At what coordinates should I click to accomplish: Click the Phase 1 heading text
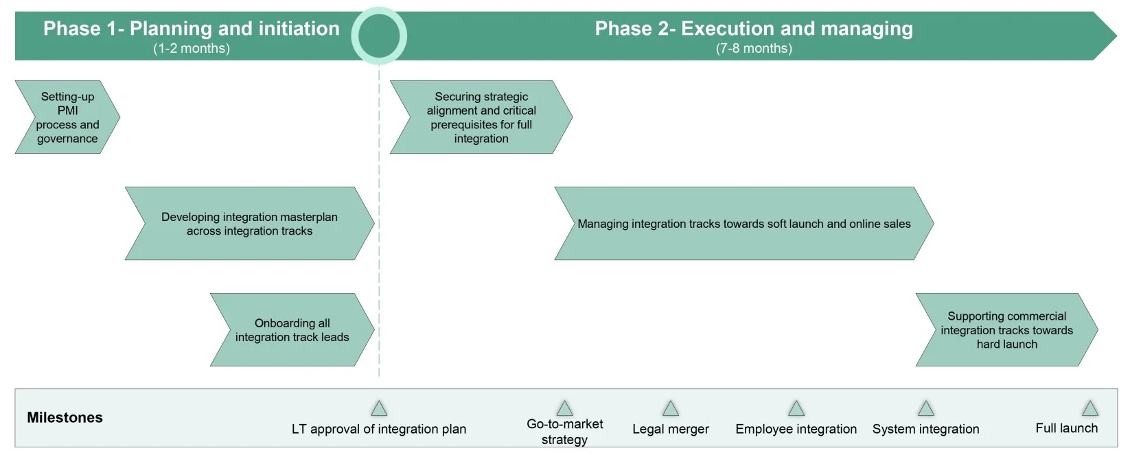[x=191, y=28]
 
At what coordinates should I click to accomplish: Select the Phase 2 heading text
[x=753, y=28]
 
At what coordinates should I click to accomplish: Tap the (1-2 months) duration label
[x=191, y=48]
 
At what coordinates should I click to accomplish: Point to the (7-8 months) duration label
[x=753, y=48]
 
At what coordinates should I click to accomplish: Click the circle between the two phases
[x=379, y=36]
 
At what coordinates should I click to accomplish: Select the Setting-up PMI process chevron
[x=67, y=117]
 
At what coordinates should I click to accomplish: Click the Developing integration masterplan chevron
[x=249, y=224]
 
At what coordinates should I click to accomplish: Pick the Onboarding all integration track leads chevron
[x=292, y=330]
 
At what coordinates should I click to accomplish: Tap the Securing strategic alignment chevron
[x=481, y=117]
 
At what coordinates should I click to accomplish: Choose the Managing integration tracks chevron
[x=743, y=224]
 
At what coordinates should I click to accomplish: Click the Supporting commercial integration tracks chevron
[x=1006, y=330]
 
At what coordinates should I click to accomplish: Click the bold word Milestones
[x=65, y=417]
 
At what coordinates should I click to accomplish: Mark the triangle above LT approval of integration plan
[x=379, y=409]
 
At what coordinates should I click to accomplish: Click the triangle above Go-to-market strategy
[x=564, y=409]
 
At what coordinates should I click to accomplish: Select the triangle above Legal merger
[x=671, y=409]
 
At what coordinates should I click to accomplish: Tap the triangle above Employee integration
[x=796, y=409]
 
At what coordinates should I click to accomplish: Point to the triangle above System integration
[x=926, y=409]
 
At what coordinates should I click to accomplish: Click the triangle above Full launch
[x=1090, y=409]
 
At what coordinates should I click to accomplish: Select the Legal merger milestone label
[x=671, y=430]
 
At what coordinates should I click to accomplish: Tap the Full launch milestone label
[x=1066, y=428]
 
